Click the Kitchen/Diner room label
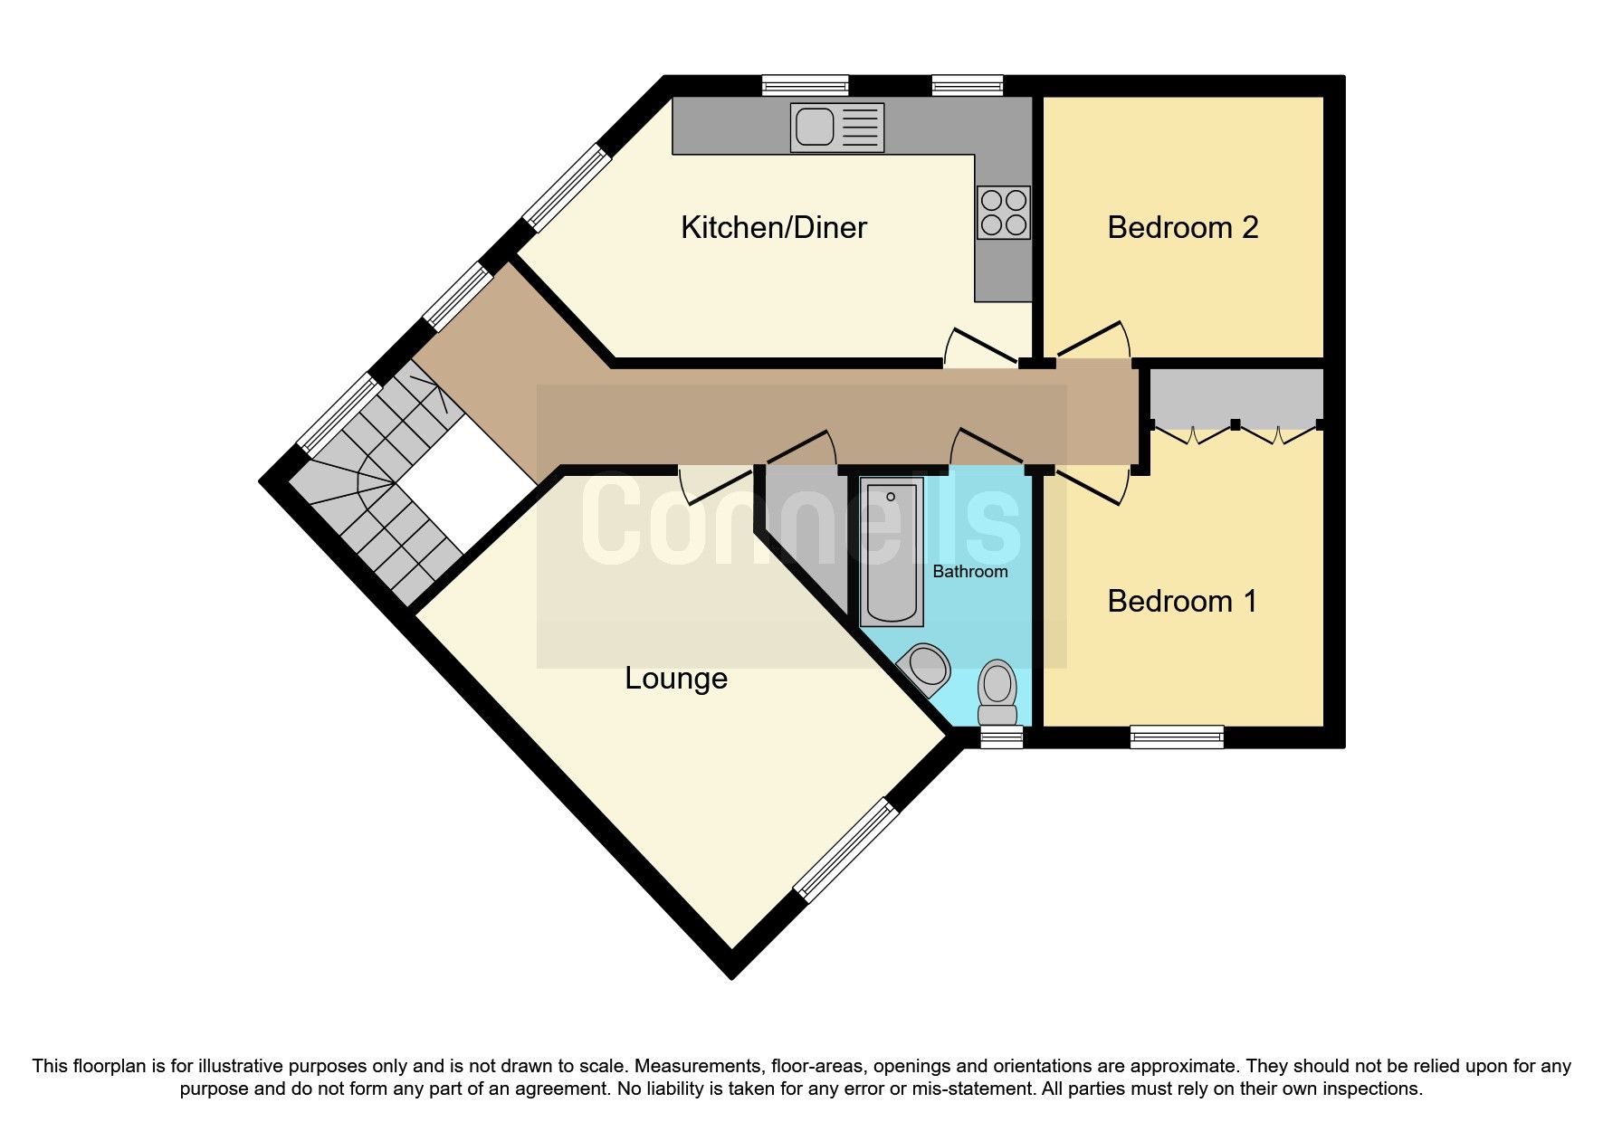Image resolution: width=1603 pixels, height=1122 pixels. tap(773, 227)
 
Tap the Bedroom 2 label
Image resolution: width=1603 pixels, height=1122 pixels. tap(1182, 227)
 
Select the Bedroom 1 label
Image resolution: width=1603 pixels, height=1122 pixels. tap(1182, 601)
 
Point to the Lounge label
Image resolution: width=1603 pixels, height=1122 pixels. tap(676, 678)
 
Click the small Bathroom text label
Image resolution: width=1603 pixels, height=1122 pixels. tap(969, 572)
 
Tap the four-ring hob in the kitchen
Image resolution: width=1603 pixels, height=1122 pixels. tap(1004, 212)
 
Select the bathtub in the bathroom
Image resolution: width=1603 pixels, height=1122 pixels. tap(892, 551)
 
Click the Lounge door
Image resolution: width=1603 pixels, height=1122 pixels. tap(715, 484)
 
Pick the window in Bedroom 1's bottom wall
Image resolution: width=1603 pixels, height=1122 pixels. tap(1177, 737)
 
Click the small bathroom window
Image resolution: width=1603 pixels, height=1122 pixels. tap(1001, 737)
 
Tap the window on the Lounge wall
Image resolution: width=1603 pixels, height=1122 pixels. tap(846, 851)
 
